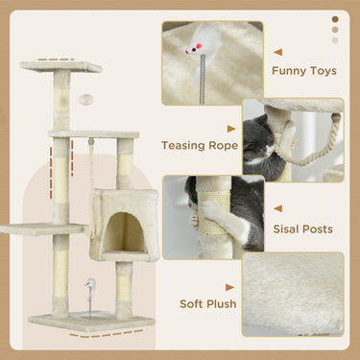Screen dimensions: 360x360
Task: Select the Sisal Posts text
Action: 302,229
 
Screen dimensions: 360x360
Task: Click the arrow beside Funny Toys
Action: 278,52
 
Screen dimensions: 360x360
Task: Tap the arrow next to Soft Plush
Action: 230,285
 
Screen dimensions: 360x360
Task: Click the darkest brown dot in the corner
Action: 334,18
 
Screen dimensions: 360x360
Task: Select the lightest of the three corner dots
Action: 334,40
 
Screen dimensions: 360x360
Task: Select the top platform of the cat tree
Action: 61,67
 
